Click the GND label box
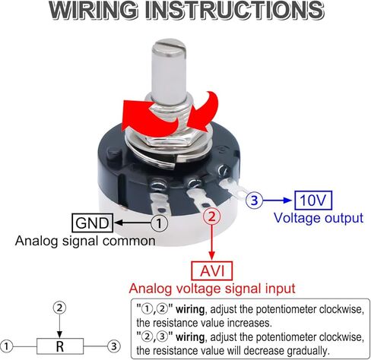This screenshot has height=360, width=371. click(92, 223)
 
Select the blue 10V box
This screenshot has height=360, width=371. click(313, 201)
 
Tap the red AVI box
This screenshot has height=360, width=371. click(212, 271)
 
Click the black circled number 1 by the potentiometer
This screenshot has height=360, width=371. click(159, 223)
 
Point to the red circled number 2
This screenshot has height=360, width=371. click(212, 216)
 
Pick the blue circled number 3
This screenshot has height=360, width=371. click(254, 201)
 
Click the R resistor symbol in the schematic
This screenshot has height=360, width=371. click(60, 346)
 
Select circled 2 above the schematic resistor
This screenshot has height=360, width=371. click(59, 308)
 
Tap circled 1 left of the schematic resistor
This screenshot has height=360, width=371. click(6, 346)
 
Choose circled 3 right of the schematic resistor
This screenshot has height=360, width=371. click(114, 346)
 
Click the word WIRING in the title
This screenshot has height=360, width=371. click(93, 10)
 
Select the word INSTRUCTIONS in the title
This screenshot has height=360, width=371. click(235, 10)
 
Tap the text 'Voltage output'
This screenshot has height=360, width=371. click(319, 218)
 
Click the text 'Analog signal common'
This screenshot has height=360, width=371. click(85, 241)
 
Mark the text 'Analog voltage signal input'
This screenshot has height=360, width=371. click(212, 289)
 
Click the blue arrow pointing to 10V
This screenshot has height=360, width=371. click(277, 201)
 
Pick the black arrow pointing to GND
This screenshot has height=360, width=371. click(133, 223)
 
